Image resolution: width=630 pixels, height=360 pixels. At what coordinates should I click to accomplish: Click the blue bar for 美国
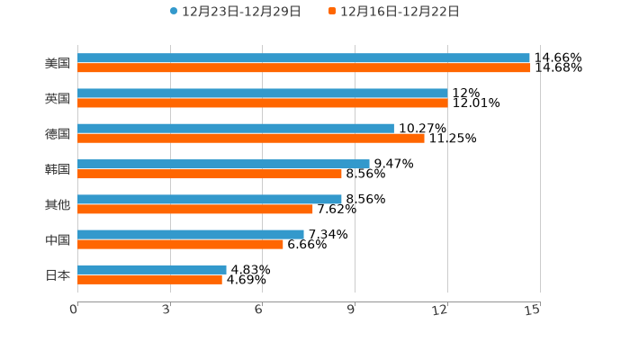pyautogui.click(x=303, y=58)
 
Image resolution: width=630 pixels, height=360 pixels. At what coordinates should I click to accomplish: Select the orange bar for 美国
pyautogui.click(x=303, y=67)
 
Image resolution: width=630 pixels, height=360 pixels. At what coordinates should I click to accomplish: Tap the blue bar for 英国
pyautogui.click(x=262, y=93)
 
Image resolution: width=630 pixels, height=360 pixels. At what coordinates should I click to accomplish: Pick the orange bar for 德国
pyautogui.click(x=250, y=138)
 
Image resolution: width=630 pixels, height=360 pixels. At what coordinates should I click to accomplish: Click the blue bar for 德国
pyautogui.click(x=235, y=128)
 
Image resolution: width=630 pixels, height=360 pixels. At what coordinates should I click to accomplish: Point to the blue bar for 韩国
pyautogui.click(x=223, y=164)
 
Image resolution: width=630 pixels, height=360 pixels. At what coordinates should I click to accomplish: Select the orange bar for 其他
pyautogui.click(x=194, y=209)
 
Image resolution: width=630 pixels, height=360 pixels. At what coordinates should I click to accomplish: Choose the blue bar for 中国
pyautogui.click(x=190, y=234)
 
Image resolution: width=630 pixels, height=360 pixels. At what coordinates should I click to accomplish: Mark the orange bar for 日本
pyautogui.click(x=149, y=279)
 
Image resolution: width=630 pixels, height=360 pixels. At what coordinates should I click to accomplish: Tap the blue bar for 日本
pyautogui.click(x=151, y=269)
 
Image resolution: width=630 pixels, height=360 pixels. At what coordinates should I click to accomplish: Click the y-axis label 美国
pyautogui.click(x=58, y=64)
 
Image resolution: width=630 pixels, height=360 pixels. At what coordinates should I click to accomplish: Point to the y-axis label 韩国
pyautogui.click(x=58, y=169)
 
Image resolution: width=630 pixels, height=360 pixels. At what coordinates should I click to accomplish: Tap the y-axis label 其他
pyautogui.click(x=58, y=204)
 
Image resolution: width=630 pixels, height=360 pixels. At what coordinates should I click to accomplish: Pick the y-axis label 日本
pyautogui.click(x=58, y=274)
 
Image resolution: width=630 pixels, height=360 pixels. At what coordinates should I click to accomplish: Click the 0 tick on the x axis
pyautogui.click(x=75, y=310)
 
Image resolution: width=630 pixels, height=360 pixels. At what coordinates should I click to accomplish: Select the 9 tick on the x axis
pyautogui.click(x=353, y=310)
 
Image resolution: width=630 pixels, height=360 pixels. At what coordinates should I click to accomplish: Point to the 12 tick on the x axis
pyautogui.click(x=441, y=310)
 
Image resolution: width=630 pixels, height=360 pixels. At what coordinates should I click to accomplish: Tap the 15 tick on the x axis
pyautogui.click(x=533, y=310)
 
